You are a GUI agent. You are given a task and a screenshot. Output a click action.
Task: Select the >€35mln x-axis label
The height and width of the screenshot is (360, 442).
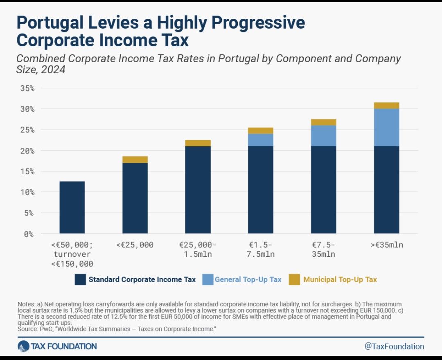click(x=386, y=245)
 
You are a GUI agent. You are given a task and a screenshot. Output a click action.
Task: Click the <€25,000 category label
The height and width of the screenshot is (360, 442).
click(x=135, y=245)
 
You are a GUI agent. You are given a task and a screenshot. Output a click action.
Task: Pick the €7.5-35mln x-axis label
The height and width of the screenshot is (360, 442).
click(x=323, y=250)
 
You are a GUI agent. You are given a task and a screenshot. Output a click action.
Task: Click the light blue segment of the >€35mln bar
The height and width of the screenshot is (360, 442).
click(x=386, y=127)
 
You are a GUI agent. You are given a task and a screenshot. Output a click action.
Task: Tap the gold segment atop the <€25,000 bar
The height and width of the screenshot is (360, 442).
click(x=135, y=160)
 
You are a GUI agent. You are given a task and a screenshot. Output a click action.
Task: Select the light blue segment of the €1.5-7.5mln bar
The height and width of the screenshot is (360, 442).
click(x=261, y=140)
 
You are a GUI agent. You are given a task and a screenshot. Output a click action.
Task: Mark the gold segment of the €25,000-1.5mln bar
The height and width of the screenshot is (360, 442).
click(x=198, y=143)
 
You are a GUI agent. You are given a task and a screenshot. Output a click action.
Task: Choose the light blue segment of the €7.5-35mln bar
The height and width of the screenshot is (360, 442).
click(x=323, y=136)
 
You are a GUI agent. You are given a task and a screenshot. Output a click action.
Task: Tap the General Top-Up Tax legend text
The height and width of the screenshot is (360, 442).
click(x=248, y=280)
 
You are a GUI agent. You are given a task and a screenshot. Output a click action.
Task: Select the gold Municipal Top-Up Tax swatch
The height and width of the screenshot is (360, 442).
click(x=294, y=280)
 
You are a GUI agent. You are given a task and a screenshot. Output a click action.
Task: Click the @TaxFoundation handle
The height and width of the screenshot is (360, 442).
click(x=394, y=346)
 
